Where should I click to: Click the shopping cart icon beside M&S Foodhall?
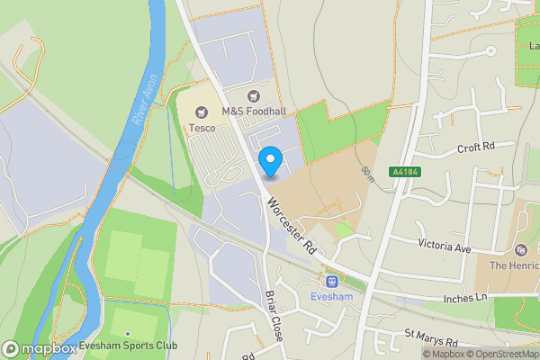point(254,96)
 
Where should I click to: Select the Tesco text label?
point(201,128)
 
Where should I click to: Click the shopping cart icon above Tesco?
point(202,112)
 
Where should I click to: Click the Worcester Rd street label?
point(289,223)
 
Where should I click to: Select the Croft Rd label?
point(476,147)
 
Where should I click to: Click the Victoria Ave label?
point(445,244)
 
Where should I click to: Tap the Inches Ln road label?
point(465,298)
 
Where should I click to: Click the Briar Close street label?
point(274,314)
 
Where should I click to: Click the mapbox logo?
point(40,347)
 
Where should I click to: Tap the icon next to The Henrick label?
point(520,250)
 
